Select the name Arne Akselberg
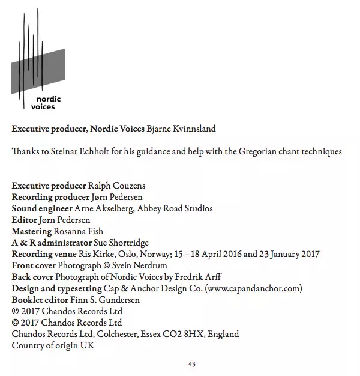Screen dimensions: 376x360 click(x=101, y=209)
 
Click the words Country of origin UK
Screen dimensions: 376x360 click(x=53, y=345)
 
